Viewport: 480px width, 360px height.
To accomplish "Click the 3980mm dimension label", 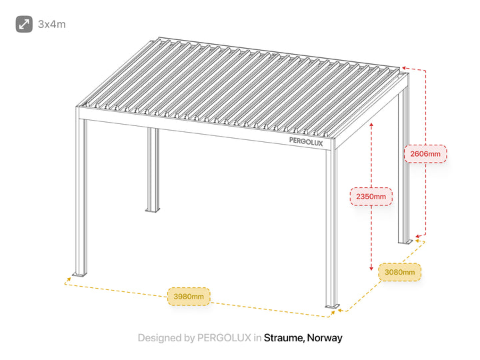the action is pos(189,296).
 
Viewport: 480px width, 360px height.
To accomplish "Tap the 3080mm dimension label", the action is pos(399,272).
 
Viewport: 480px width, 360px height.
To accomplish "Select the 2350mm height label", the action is pos(371,196).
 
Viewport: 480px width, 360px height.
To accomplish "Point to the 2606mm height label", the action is pos(425,154).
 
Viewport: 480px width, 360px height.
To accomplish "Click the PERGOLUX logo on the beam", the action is pos(306,142).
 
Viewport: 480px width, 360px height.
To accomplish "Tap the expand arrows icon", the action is pos(24,24).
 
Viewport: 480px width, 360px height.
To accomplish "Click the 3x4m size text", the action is pos(52,24).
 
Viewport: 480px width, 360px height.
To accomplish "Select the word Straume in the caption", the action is pos(284,337).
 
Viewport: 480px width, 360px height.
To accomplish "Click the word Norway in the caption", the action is pos(325,338).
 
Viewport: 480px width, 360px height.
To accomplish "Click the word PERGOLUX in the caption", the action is pos(224,337).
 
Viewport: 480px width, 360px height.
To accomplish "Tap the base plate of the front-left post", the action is pos(79,274).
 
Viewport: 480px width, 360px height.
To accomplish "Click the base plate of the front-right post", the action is pos(332,306).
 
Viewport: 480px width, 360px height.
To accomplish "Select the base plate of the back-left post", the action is pos(153,210).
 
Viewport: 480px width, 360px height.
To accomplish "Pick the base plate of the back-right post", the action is pos(405,242).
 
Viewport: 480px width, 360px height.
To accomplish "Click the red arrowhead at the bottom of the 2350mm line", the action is pos(371,269).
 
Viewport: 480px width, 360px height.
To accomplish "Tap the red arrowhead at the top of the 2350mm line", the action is pos(371,125).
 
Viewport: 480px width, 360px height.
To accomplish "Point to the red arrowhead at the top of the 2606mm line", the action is pos(405,68).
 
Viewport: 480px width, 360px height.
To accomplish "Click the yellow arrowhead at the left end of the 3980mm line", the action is pos(69,279).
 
